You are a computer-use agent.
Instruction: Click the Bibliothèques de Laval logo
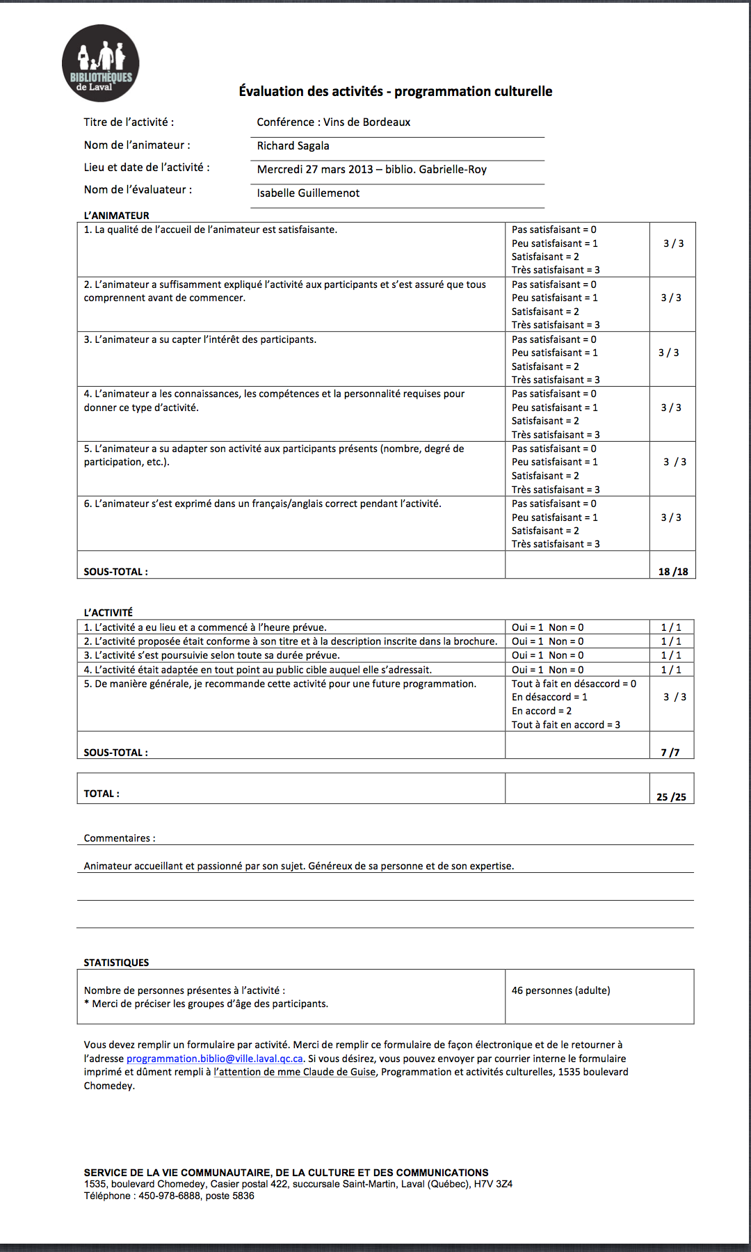101,63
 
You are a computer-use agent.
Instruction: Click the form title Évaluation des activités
395,91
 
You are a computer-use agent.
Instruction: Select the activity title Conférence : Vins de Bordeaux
333,122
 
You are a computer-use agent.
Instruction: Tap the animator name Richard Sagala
293,146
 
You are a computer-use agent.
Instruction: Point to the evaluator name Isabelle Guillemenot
308,193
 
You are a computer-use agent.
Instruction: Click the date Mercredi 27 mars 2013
315,170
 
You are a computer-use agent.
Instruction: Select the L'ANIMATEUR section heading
116,216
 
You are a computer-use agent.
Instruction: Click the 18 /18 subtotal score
672,572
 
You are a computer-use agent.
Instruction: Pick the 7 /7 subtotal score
670,753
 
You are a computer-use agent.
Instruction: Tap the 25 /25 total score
671,797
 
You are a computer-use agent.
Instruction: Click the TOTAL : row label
102,794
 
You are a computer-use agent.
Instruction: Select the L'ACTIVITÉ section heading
108,613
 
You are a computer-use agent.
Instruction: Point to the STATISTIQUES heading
116,963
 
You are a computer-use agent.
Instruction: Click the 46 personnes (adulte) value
560,990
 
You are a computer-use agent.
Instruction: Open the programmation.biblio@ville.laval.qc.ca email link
214,1059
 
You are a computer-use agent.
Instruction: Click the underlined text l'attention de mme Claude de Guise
294,1073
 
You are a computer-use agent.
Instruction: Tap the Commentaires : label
120,838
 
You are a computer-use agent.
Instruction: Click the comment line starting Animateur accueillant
299,866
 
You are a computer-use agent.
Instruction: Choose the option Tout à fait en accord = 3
565,725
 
